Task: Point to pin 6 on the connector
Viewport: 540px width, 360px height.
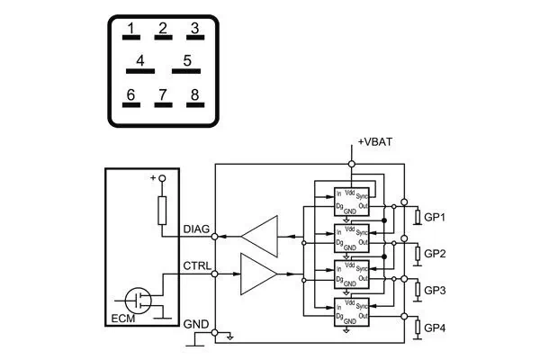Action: click(x=130, y=98)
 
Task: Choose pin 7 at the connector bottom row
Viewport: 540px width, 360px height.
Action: click(x=163, y=98)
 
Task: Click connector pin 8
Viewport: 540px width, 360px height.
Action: click(x=193, y=98)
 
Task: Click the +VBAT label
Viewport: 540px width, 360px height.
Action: click(x=375, y=142)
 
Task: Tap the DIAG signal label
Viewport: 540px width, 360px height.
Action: click(x=196, y=229)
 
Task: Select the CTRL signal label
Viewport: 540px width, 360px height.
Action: click(x=196, y=265)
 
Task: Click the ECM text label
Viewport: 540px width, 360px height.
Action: click(x=120, y=317)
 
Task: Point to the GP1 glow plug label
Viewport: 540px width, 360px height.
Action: click(x=436, y=218)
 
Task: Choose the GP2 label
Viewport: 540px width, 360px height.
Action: click(x=436, y=254)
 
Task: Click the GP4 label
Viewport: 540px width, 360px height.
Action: click(x=436, y=327)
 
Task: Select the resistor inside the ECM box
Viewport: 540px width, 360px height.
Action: click(x=163, y=211)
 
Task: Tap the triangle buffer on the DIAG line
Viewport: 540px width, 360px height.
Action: click(x=258, y=236)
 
